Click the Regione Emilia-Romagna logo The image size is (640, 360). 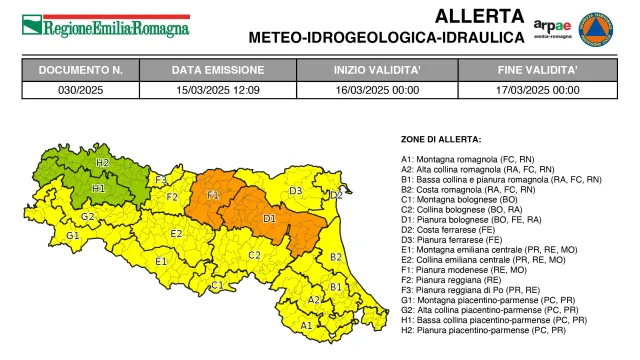tap(106, 26)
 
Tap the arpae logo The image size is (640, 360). tap(552, 27)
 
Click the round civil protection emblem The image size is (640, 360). tap(602, 26)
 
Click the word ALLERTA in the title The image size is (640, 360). tap(479, 16)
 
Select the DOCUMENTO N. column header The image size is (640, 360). tap(80, 71)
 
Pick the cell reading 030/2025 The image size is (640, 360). tap(80, 89)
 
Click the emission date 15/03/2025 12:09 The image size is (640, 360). tap(217, 89)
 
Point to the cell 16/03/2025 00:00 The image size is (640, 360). tap(377, 89)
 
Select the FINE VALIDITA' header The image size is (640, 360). tap(538, 71)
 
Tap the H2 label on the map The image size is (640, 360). tap(102, 162)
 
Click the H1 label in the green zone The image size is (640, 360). tap(98, 187)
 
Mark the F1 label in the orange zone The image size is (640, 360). tap(213, 195)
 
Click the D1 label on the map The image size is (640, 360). tap(269, 217)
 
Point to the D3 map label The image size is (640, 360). tap(296, 190)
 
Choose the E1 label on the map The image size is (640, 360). tap(160, 261)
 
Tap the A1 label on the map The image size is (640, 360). tap(306, 325)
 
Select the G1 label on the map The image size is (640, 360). tap(72, 236)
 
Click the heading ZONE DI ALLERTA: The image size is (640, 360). tap(441, 139)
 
